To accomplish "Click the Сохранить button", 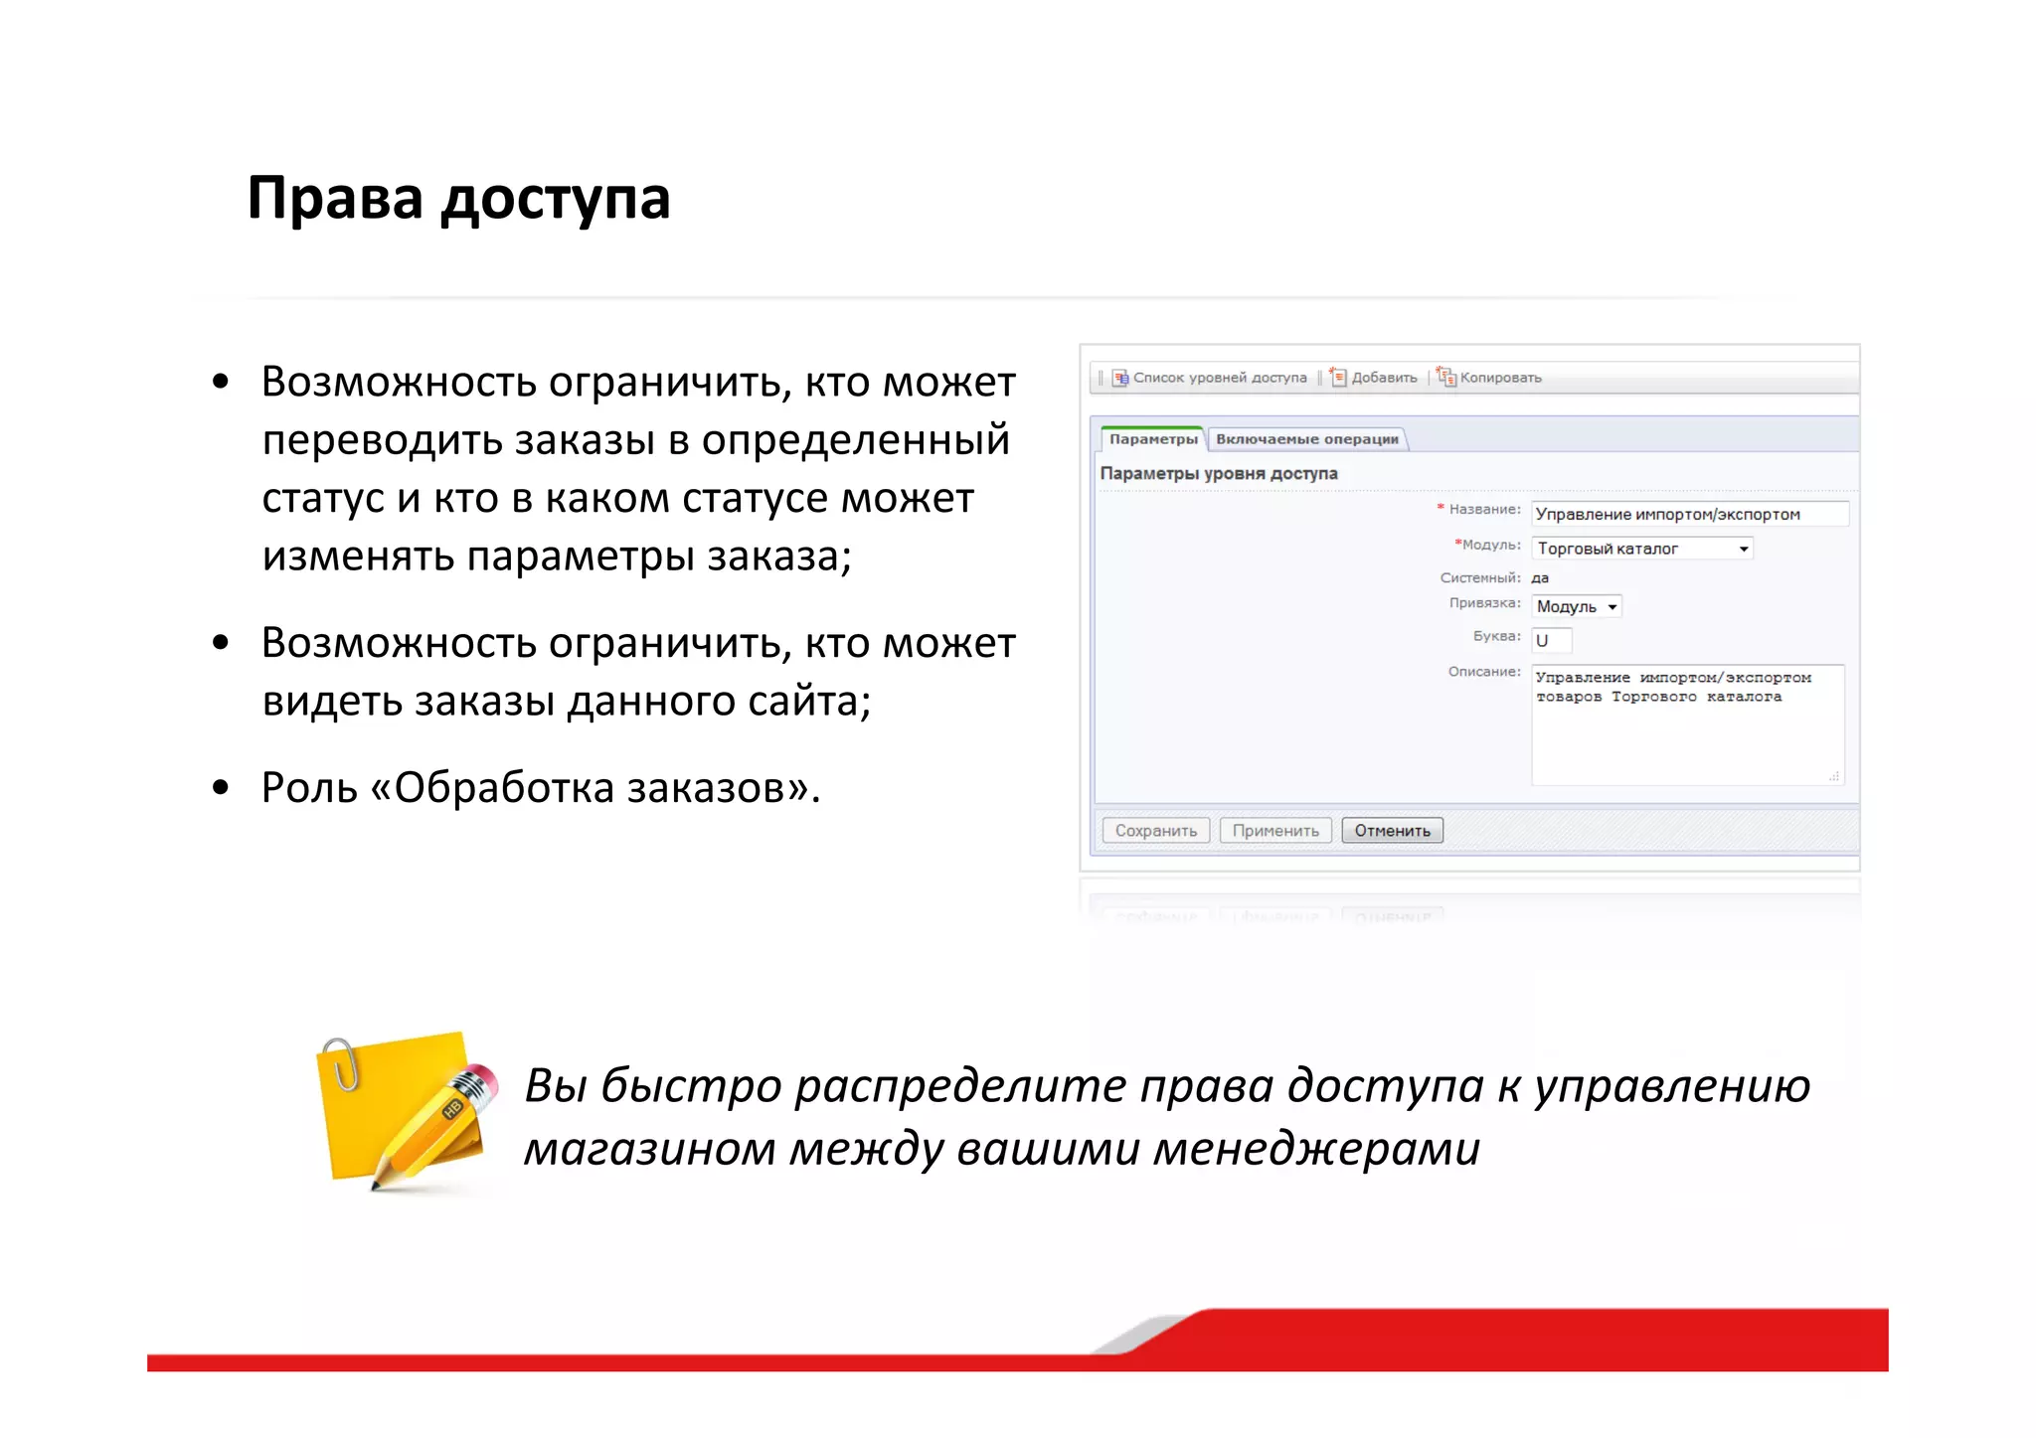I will (x=1155, y=830).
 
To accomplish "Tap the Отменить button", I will (x=1391, y=830).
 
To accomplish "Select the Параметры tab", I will (x=1152, y=439).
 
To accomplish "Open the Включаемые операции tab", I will (x=1306, y=439).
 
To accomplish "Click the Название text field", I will (x=1688, y=514).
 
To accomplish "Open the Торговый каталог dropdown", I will (x=1642, y=549).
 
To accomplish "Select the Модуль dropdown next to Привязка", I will (x=1577, y=606).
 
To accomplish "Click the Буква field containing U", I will (x=1551, y=641).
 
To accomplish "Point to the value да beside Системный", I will (x=1540, y=577).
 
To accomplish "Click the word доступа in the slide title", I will (x=556, y=200).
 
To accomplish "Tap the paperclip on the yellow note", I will (x=343, y=1063).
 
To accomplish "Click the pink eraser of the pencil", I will (x=481, y=1077).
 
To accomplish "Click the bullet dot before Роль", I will (x=221, y=788).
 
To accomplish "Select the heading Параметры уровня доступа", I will (x=1218, y=474).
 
